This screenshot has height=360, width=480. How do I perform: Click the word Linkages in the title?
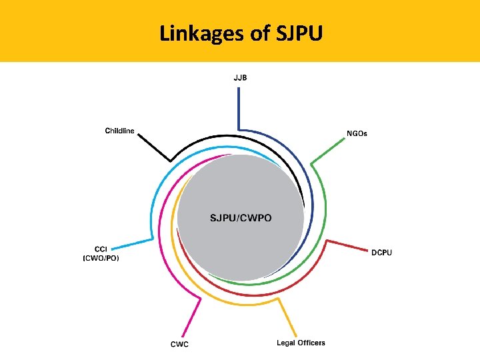click(x=202, y=33)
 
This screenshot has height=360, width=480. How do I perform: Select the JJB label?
click(x=240, y=77)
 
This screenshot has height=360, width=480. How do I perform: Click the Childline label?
click(x=119, y=130)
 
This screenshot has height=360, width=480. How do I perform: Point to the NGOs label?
click(x=357, y=133)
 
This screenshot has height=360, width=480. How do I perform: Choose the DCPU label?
click(x=381, y=253)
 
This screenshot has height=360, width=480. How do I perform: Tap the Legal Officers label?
click(x=301, y=343)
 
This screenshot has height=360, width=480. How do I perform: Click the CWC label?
click(x=179, y=344)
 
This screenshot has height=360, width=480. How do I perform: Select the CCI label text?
click(x=100, y=249)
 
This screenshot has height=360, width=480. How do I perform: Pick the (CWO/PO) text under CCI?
click(x=101, y=258)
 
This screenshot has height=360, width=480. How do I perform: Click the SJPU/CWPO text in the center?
click(x=241, y=218)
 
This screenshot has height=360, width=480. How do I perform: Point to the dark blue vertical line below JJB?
click(x=239, y=107)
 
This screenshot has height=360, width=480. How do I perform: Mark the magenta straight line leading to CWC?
click(x=195, y=316)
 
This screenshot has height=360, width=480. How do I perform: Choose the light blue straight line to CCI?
click(x=137, y=243)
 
